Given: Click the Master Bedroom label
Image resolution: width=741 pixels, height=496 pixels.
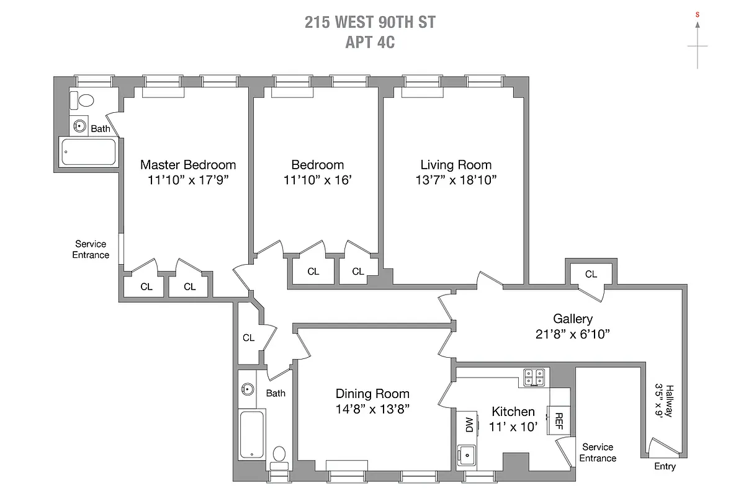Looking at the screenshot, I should coord(188,165).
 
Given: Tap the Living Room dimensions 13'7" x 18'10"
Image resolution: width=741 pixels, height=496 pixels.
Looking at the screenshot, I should coord(456,180).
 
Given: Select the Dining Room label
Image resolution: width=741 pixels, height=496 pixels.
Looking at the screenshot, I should coord(372,394).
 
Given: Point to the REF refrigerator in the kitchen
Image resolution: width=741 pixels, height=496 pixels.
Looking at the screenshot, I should coord(558,421).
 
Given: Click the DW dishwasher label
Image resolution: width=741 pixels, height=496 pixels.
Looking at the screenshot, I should coord(469,425).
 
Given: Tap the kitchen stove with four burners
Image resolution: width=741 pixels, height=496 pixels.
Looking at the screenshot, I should coord(535,376).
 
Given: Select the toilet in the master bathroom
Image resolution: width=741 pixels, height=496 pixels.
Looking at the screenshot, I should coord(82,100).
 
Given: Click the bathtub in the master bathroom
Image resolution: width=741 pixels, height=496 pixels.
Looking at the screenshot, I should coord(88,152).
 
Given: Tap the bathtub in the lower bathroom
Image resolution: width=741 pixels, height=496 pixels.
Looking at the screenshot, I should coord(252,434).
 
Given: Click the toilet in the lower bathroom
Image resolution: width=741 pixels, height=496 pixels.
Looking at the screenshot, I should coord(279,456).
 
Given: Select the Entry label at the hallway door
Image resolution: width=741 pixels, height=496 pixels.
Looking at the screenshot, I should coord(665,466).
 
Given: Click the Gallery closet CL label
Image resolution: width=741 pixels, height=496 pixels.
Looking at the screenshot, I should coord(591,274).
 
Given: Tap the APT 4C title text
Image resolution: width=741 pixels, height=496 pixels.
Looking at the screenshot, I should coord(370,43).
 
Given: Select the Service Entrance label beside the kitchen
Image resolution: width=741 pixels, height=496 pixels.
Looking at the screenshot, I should coord(598,453).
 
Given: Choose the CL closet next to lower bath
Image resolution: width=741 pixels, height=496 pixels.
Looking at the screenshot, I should coord(248,338).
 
